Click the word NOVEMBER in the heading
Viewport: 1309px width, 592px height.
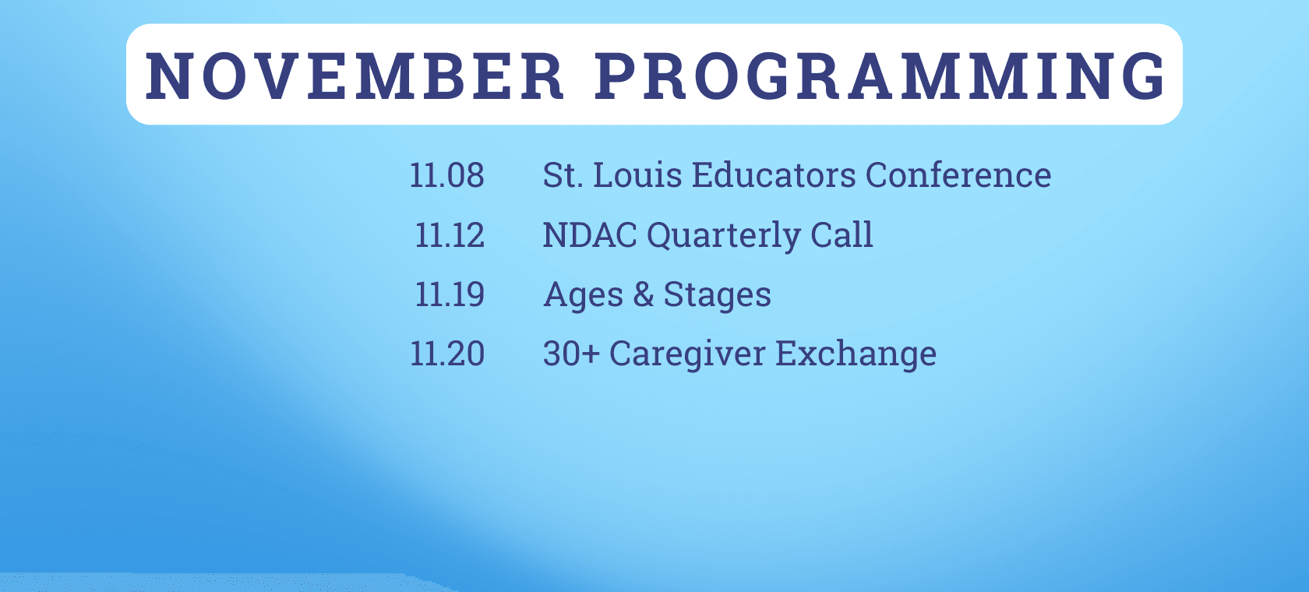[355, 76]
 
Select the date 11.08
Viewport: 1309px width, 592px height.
[447, 174]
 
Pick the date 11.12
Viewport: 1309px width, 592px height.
[450, 235]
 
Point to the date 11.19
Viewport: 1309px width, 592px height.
[450, 294]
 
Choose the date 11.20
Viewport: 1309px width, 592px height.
[447, 354]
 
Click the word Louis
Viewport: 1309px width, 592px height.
[637, 174]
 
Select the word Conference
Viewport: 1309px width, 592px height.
[958, 174]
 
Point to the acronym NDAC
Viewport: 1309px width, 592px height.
[590, 235]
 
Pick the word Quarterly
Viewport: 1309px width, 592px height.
[723, 236]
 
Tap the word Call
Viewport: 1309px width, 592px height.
[841, 234]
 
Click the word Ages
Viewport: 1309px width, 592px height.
[583, 295]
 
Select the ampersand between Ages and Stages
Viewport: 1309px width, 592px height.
[644, 294]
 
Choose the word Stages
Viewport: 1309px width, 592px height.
[717, 295]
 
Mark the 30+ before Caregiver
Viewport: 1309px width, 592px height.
[572, 354]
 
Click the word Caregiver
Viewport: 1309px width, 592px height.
[687, 354]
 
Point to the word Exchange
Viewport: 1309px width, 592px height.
[856, 354]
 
